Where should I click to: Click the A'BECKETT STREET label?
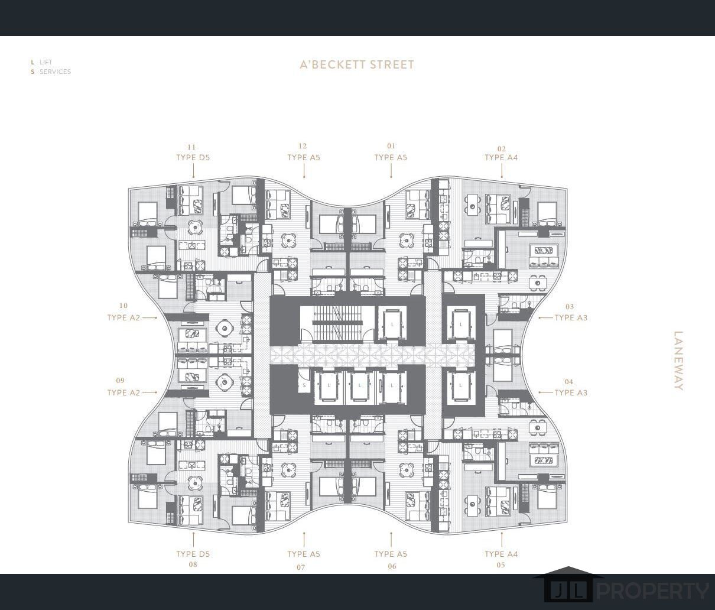click(357, 64)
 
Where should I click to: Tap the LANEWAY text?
click(678, 361)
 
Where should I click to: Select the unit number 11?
click(191, 147)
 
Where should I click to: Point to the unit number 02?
click(501, 149)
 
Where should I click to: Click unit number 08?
click(193, 564)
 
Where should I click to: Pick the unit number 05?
click(500, 564)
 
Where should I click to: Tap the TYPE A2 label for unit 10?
click(123, 317)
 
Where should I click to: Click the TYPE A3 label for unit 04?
click(571, 392)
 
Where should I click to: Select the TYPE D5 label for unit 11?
click(193, 157)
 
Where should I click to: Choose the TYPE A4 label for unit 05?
click(501, 554)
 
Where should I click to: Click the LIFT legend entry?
click(42, 62)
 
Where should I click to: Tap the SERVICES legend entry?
click(51, 72)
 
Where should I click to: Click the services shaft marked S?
click(304, 385)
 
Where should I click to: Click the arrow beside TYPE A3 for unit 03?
click(545, 317)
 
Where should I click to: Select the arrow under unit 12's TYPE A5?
click(304, 171)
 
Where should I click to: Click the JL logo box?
click(568, 591)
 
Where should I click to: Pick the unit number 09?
click(120, 381)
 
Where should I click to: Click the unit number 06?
click(392, 566)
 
